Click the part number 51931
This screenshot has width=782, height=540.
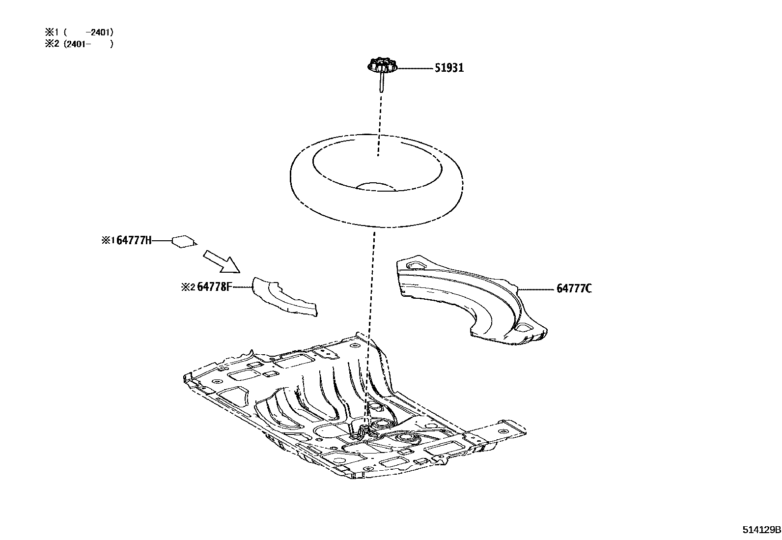coord(449,68)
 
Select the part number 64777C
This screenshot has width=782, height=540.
coord(574,288)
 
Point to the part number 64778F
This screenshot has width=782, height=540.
coord(214,286)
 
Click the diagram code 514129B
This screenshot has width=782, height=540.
coord(761,530)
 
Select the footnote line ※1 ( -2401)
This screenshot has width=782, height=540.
coord(80,32)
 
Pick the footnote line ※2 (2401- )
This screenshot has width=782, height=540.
coord(80,44)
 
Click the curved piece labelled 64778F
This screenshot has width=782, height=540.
coord(283,297)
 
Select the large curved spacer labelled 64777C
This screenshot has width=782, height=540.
coord(472,300)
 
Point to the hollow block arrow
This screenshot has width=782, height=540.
coord(222,261)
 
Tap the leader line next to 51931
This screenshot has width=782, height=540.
coord(414,68)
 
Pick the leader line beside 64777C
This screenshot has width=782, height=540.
coord(537,289)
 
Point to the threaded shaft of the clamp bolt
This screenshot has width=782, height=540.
coord(381,82)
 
